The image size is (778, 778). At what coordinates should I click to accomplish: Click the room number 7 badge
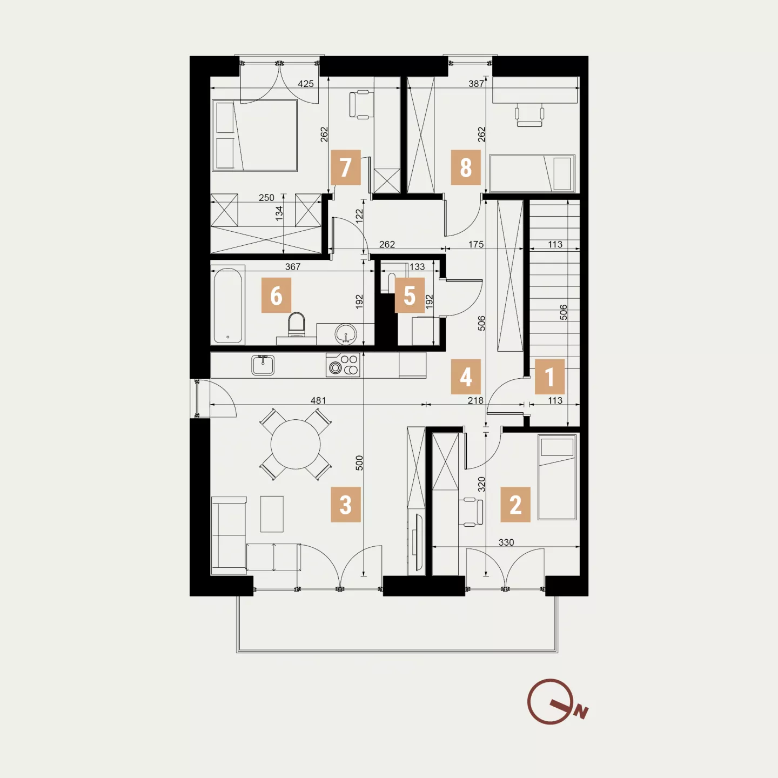click(x=346, y=167)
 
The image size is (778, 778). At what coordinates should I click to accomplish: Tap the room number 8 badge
click(x=466, y=167)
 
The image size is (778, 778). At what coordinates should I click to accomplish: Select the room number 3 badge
click(x=346, y=505)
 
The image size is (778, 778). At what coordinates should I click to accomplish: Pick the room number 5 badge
click(x=410, y=295)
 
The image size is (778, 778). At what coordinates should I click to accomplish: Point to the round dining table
click(x=296, y=444)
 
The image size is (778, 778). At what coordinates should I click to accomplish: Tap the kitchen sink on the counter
click(x=263, y=365)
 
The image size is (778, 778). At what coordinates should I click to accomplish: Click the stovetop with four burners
click(x=343, y=365)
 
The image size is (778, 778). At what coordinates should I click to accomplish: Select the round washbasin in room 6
click(x=346, y=334)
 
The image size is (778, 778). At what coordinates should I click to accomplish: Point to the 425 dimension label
click(x=306, y=84)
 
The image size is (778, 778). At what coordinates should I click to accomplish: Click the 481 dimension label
click(x=318, y=400)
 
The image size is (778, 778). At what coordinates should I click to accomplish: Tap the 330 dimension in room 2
click(x=506, y=542)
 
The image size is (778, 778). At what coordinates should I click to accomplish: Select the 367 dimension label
click(x=293, y=266)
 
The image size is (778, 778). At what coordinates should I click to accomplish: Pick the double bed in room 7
click(x=255, y=136)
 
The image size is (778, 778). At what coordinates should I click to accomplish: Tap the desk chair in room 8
click(x=529, y=115)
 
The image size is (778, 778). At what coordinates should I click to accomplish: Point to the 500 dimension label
click(x=359, y=462)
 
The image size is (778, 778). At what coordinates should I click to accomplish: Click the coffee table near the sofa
click(x=272, y=514)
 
